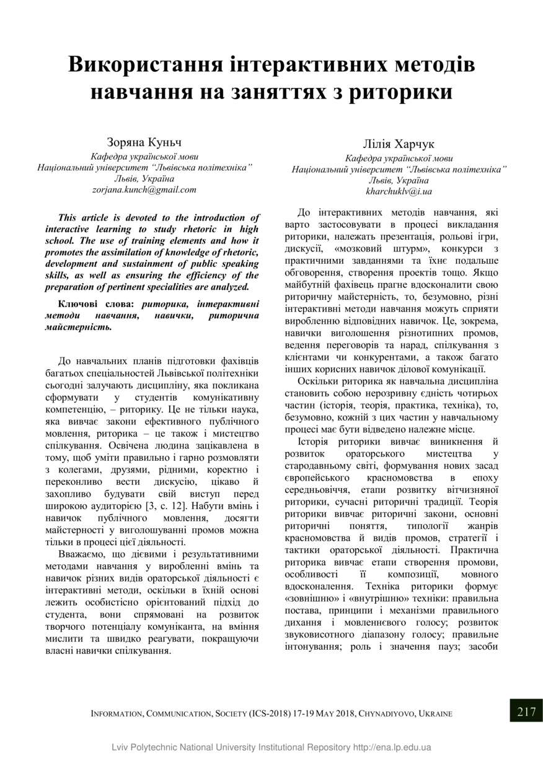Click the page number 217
click(526, 712)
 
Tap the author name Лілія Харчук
click(399, 144)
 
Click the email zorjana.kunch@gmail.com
click(144, 190)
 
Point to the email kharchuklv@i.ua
click(399, 191)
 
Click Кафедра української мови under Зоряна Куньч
click(144, 156)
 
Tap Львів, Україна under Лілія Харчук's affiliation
click(399, 180)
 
